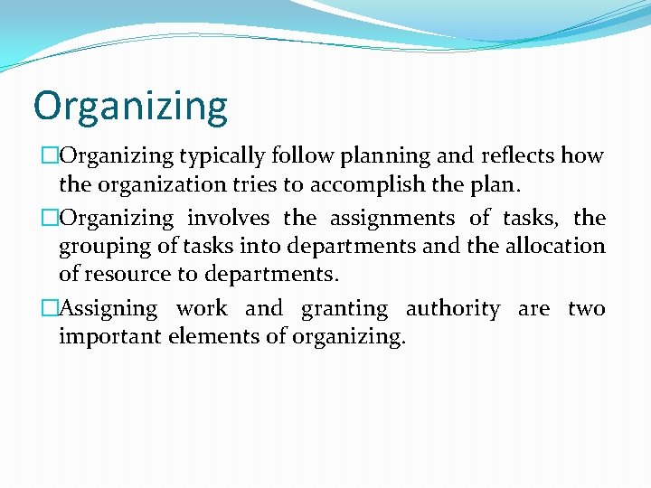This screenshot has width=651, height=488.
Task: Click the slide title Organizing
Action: (130, 107)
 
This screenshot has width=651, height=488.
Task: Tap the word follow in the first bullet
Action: (297, 155)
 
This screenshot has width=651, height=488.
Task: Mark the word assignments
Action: (392, 218)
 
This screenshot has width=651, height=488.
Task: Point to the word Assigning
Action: (108, 309)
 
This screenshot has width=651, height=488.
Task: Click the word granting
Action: (344, 309)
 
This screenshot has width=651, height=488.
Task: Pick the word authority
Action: (452, 309)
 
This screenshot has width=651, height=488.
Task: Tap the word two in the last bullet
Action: (586, 309)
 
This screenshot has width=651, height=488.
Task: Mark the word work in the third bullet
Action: (202, 309)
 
